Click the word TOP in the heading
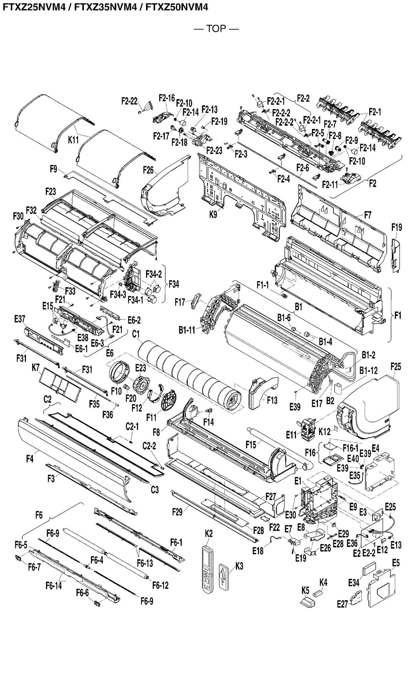click(x=216, y=29)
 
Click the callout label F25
click(x=396, y=366)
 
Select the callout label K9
click(x=213, y=214)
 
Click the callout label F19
click(x=396, y=227)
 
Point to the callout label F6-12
click(x=160, y=585)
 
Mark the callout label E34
click(x=354, y=582)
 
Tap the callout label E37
click(x=20, y=319)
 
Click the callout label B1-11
click(x=187, y=330)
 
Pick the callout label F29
click(x=177, y=512)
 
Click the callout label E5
click(x=396, y=563)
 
